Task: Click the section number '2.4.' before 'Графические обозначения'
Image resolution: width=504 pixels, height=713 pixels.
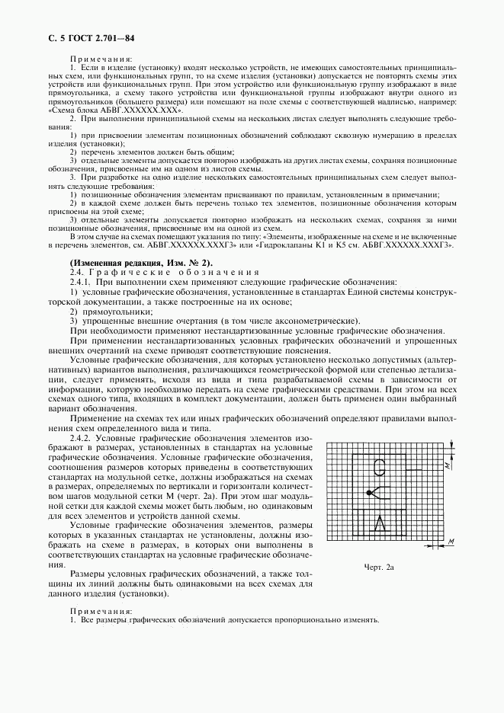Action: (76, 272)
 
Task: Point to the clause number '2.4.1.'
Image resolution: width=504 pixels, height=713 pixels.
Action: (82, 282)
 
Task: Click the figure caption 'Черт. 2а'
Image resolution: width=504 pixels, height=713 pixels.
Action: (379, 568)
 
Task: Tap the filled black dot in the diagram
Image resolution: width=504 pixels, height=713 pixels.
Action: (369, 494)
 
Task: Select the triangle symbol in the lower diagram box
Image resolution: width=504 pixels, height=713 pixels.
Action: (385, 524)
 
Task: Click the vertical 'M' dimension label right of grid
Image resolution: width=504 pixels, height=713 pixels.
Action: (450, 462)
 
